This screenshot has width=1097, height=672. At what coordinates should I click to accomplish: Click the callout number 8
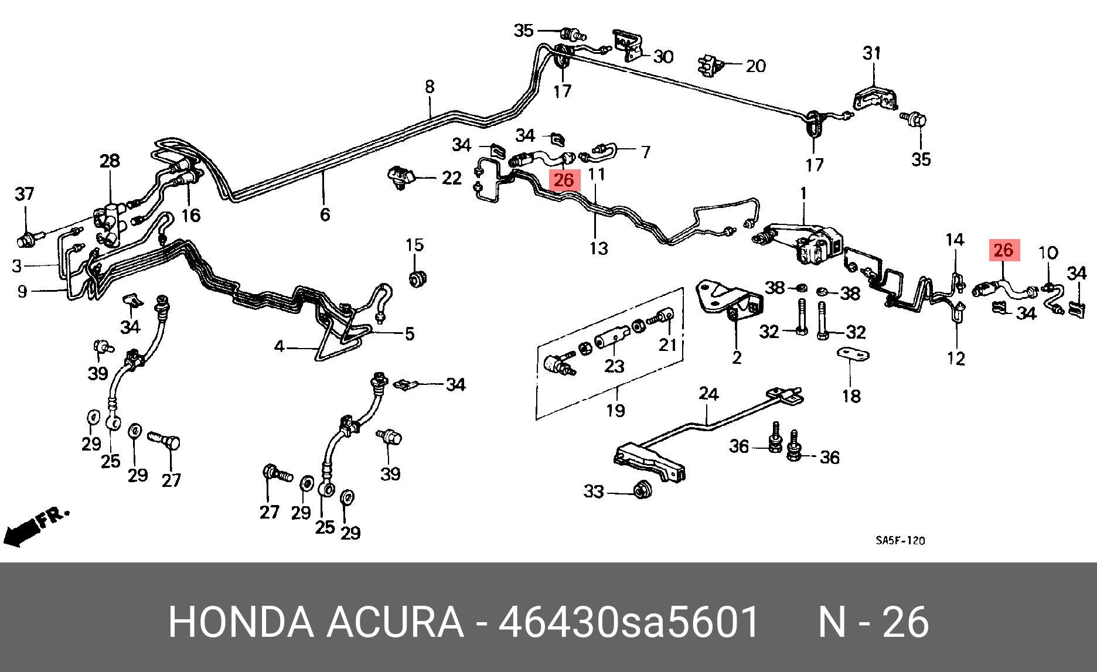point(430,87)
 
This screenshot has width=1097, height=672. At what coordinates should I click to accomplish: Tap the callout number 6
point(325,214)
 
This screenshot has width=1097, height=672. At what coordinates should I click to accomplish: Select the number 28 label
point(110,161)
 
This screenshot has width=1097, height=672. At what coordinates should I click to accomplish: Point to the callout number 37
point(25,193)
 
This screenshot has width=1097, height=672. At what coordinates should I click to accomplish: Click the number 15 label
point(415,244)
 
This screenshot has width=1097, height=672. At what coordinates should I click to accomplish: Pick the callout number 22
point(451,178)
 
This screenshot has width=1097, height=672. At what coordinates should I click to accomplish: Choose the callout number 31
point(871,53)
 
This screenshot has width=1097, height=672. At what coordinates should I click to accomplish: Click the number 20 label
point(755,66)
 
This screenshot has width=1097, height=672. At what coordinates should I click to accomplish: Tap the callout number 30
point(663,57)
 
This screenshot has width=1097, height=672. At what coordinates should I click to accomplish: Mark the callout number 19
point(615,410)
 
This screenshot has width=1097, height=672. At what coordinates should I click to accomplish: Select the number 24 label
point(708,394)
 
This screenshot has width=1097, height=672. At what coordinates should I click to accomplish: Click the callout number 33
point(594,491)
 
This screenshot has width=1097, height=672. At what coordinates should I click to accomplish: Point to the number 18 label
point(851,396)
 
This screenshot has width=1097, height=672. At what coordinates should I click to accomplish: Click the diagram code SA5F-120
point(900,541)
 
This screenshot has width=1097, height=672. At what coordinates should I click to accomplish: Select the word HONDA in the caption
point(240,622)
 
